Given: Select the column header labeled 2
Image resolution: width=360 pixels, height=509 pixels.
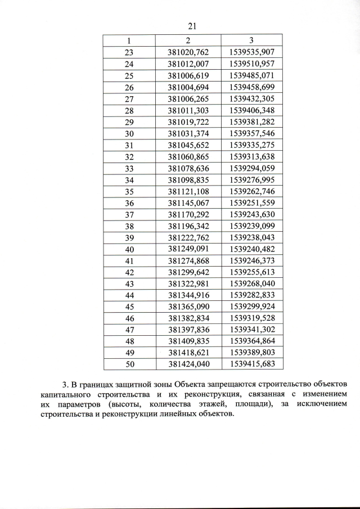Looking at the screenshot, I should point(188,40).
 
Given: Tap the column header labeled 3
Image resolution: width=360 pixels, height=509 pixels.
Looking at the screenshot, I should point(251,40).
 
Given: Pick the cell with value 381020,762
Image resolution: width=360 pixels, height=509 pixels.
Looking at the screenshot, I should point(188,52).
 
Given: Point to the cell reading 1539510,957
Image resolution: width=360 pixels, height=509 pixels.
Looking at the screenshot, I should point(251,64).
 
